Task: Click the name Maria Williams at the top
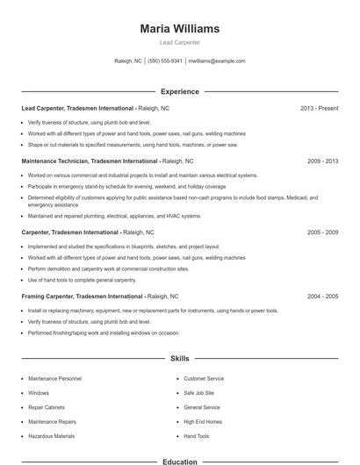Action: coord(179,29)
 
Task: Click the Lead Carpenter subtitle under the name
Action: coord(179,42)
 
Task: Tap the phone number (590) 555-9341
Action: coord(165,61)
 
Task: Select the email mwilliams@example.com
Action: coord(217,61)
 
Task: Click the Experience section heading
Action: coord(179,91)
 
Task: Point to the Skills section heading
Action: coord(179,359)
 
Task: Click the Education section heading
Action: coord(179,461)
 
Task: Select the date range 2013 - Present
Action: coord(319,108)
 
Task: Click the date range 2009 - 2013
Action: coord(322,161)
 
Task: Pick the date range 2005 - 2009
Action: coord(322,232)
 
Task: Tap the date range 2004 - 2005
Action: coord(322,297)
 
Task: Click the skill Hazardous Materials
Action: coord(51,436)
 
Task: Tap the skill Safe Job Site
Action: coord(198,393)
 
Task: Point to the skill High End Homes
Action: coord(203,422)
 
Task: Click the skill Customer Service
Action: coord(204,379)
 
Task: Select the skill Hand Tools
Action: coord(197,436)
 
